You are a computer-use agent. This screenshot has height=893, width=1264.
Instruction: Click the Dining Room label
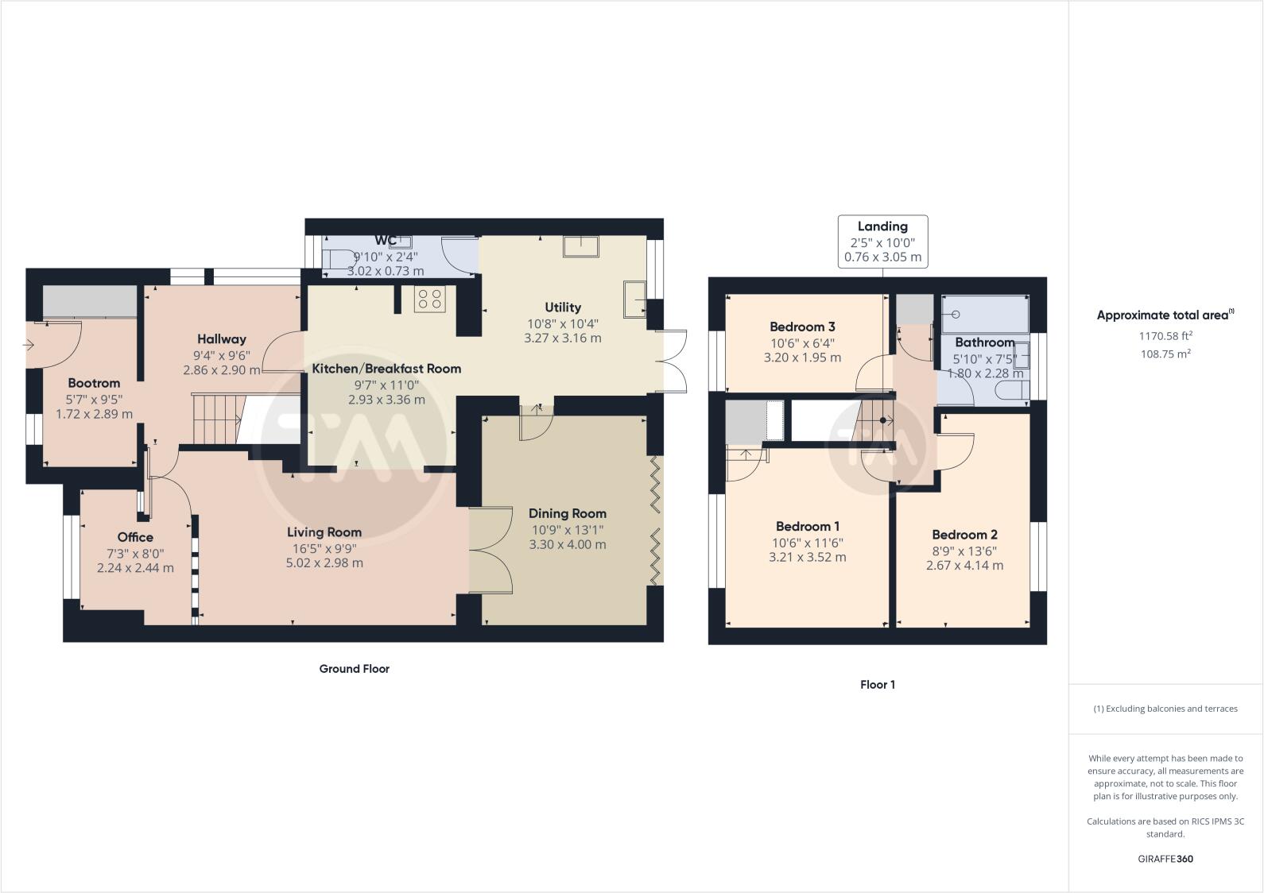coord(567,513)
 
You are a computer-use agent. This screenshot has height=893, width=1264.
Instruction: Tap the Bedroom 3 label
coord(802,327)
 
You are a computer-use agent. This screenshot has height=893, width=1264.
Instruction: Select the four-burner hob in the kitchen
coord(430,300)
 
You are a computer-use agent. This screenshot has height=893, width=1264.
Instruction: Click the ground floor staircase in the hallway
coord(216,420)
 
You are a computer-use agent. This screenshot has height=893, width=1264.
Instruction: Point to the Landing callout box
coord(882,242)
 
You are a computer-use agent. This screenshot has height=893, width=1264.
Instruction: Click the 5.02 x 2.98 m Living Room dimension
coord(324,563)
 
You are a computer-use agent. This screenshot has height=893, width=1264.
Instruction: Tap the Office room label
coord(135,537)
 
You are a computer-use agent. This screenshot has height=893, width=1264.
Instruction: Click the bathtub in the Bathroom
coord(985,314)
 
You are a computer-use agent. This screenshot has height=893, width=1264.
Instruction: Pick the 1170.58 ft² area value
coord(1165,336)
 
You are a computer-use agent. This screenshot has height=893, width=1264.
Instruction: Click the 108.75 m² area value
coord(1165,354)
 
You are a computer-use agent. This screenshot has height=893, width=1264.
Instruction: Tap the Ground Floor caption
coord(354,669)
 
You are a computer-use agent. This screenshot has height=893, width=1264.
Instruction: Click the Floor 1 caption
coord(878,684)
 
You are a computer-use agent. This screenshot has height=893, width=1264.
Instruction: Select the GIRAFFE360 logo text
coord(1165,859)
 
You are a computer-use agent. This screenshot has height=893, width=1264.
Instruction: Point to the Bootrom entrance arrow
coord(29,345)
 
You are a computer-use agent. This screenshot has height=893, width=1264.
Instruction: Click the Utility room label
coord(563,307)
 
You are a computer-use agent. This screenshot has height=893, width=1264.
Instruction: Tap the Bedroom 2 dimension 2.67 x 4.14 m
coord(964,566)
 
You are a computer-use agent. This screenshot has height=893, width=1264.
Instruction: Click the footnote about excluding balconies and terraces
coord(1165,709)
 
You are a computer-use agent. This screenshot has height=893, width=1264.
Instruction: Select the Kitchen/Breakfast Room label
coord(386,369)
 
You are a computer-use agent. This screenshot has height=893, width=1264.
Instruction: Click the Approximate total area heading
coord(1165,315)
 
